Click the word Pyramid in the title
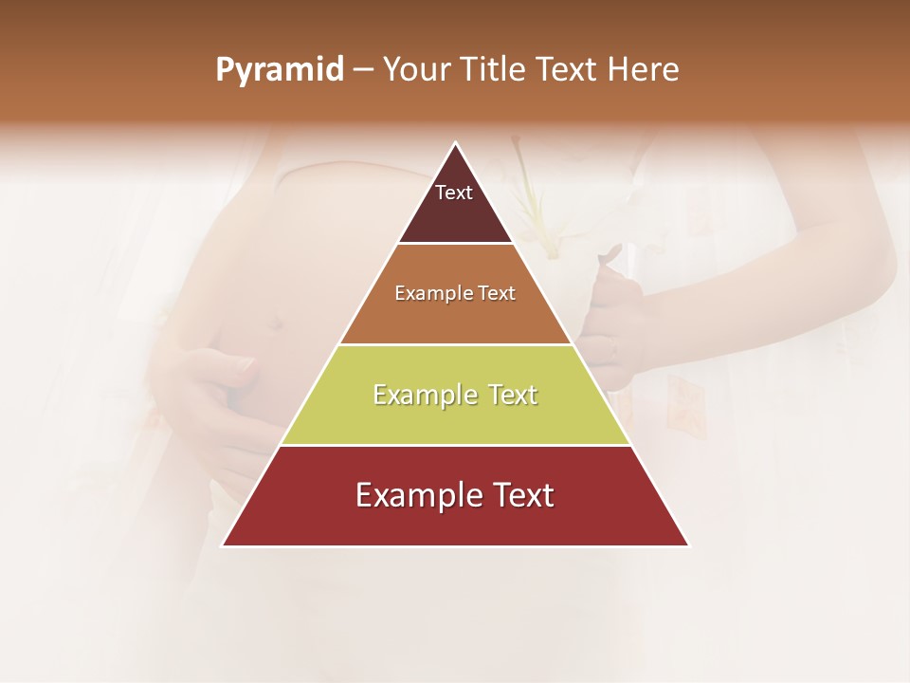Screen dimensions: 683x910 click(280, 70)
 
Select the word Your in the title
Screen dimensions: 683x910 click(417, 69)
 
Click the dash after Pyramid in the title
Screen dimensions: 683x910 click(363, 70)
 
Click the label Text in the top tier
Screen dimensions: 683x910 click(454, 193)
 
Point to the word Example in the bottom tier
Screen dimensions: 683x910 click(413, 495)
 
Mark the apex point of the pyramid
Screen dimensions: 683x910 click(456, 143)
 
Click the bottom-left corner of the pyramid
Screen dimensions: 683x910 click(223, 545)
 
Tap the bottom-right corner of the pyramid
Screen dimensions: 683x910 click(689, 545)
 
